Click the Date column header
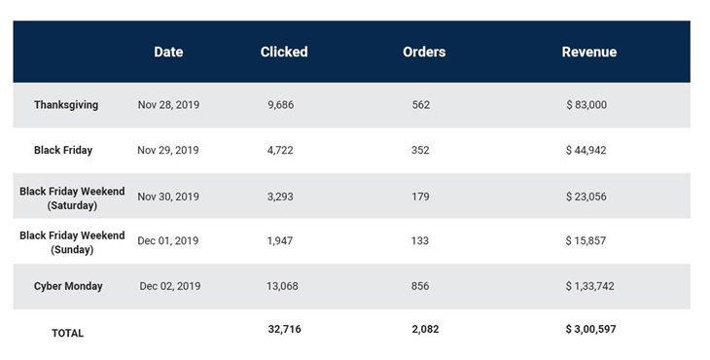coord(168,52)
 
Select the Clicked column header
coord(284,52)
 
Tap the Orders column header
coord(424,52)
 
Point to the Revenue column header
coord(589,52)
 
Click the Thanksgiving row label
coord(66,105)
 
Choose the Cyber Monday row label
coord(68,287)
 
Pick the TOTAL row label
coord(68,333)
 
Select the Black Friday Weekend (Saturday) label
coord(72,198)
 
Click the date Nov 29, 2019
coord(168,151)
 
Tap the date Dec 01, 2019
coord(169,241)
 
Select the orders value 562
coord(420,105)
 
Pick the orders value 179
coord(420,197)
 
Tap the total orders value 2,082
coord(426,330)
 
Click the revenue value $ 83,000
coord(586,105)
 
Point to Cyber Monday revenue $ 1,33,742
coord(590,287)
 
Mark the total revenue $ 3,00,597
coord(590,330)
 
